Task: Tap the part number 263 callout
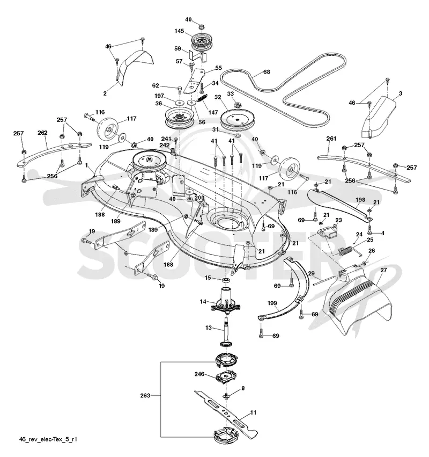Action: tap(145, 395)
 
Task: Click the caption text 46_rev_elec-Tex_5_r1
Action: tap(48, 439)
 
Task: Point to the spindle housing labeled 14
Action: tap(226, 302)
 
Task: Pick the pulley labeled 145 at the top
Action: tap(201, 43)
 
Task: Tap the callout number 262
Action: tap(42, 133)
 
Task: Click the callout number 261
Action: tap(331, 139)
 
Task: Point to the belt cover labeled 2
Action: tap(135, 68)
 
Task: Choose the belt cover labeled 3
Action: tap(379, 117)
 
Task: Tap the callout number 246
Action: tap(199, 374)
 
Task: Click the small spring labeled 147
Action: tap(203, 98)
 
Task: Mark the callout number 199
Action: tap(272, 303)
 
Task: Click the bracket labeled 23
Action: tap(328, 231)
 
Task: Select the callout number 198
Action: tap(360, 200)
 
